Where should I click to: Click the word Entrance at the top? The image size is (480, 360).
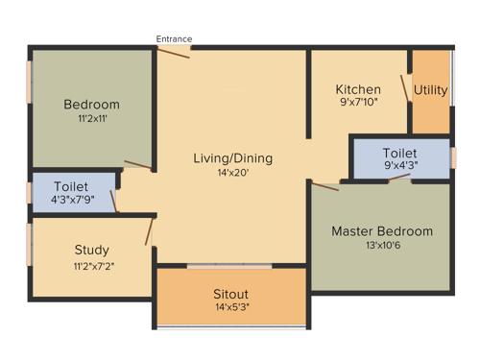174,39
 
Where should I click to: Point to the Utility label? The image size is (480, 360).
430,90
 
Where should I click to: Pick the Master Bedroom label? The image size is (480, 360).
382,231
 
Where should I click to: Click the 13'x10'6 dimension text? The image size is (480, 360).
382,248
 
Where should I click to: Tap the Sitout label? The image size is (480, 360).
231,294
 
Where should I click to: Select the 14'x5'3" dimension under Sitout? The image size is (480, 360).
231,309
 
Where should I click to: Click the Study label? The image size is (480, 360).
91,251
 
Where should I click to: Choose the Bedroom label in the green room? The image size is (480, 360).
91,105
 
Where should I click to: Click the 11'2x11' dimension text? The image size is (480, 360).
91,120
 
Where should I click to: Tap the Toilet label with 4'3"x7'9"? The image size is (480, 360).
71,186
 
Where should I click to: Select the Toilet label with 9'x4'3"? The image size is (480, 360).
398,154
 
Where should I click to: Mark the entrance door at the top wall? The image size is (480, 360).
174,51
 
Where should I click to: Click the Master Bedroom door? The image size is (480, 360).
325,184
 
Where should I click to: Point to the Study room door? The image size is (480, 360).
150,230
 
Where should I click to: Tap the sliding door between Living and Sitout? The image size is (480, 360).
231,266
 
